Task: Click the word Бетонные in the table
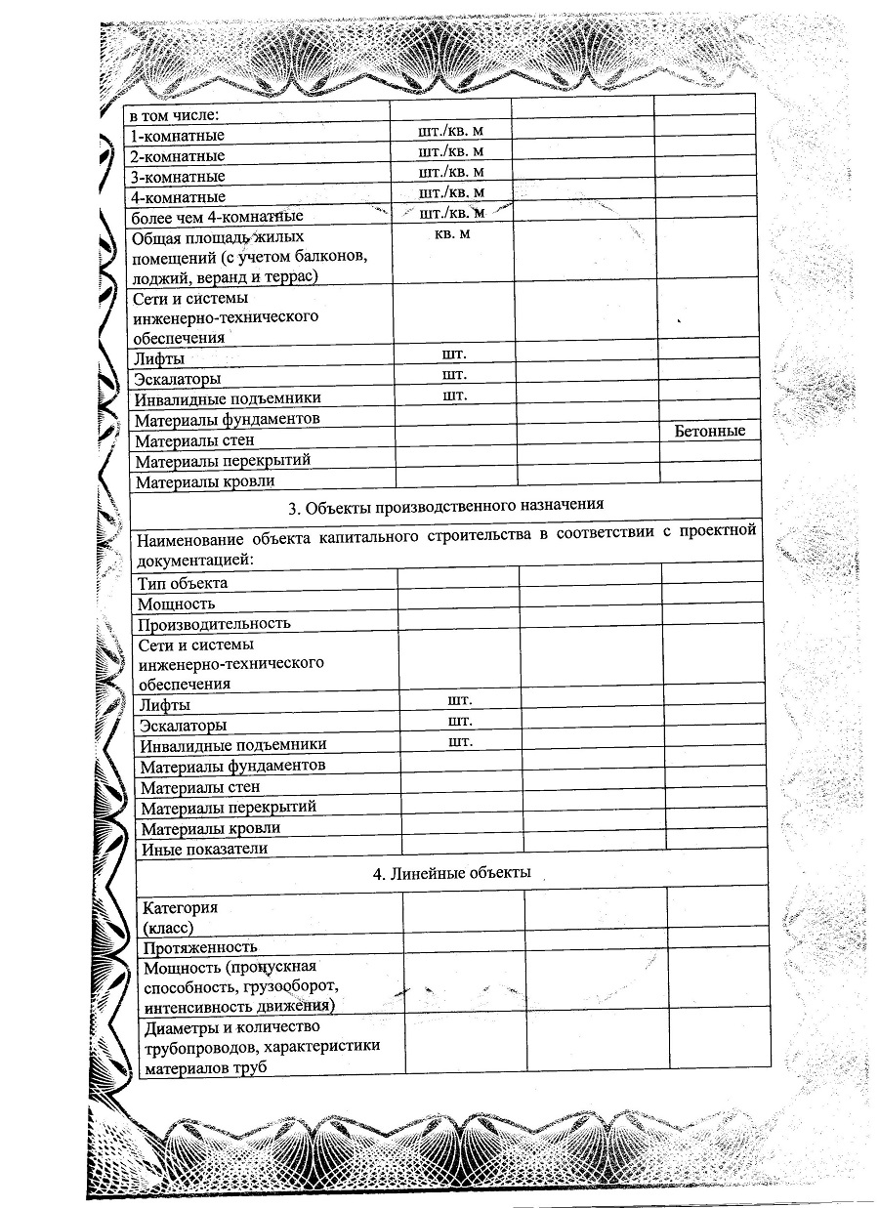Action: click(709, 431)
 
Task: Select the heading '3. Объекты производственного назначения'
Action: click(446, 505)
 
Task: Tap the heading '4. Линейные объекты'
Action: click(452, 872)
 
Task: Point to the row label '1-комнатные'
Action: click(178, 136)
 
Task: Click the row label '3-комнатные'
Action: click(178, 177)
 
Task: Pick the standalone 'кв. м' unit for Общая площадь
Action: click(449, 233)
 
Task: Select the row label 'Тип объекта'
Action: click(183, 583)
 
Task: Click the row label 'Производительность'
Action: click(214, 623)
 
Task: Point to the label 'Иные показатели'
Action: click(204, 849)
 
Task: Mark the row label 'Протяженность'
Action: click(200, 946)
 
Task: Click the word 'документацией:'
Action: click(195, 560)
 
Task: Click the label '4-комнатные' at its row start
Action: click(178, 197)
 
